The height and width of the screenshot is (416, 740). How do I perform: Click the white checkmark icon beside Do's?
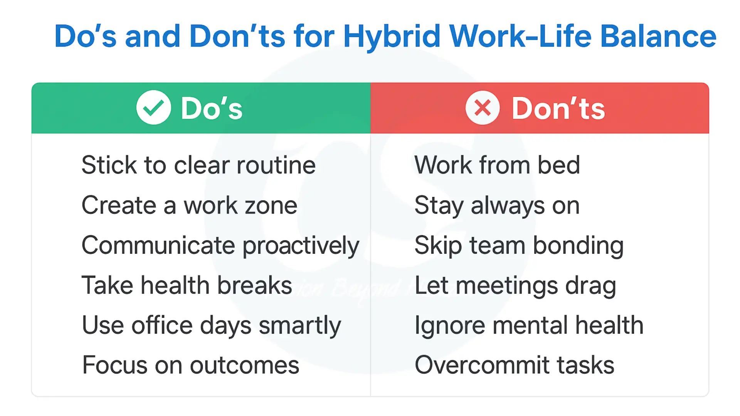coord(153,107)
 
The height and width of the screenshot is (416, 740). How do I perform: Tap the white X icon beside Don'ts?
coord(482,107)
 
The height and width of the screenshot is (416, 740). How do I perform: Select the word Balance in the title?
coord(658,36)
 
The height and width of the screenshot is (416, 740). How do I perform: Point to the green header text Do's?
coord(212,108)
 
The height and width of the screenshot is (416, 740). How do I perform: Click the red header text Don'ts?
coord(558,108)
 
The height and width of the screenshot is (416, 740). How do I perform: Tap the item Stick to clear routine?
coord(198,165)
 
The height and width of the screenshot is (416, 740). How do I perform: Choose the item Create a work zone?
coord(189,205)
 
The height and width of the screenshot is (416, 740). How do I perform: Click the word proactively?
coord(301,246)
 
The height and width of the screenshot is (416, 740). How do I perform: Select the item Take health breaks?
coord(187,285)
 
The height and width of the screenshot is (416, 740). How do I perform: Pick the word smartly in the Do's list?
coord(300,326)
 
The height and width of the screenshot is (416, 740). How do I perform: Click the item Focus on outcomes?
coord(190,365)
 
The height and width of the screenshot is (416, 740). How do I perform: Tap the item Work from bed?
coord(497,165)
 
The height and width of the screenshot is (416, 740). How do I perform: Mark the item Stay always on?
coord(497,205)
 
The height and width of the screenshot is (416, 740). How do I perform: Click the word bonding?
coord(578,246)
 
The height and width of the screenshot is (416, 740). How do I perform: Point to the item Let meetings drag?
coord(515,286)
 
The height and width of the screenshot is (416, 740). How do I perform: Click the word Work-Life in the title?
coord(520,36)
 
